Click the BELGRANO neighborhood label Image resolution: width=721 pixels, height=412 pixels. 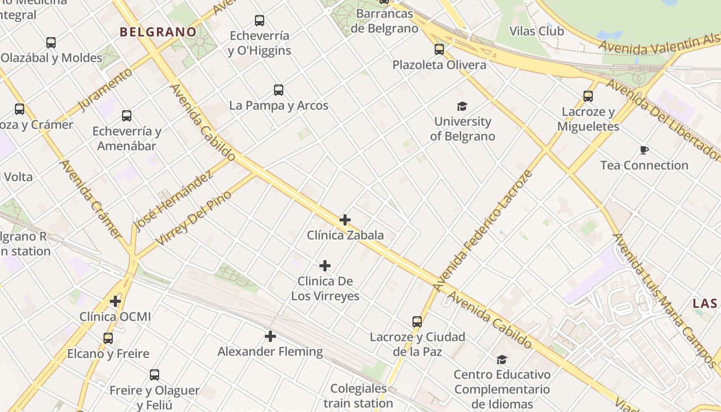point(158,32)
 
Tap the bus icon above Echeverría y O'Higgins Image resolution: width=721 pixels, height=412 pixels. point(260,21)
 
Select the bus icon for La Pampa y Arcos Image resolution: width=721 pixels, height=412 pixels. point(279,90)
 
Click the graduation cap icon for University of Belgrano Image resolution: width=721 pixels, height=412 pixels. point(462,107)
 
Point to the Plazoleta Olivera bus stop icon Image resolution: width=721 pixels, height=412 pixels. point(439,49)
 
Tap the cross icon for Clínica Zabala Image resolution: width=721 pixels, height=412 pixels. point(345,220)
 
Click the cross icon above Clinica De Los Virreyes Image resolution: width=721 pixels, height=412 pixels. point(325,266)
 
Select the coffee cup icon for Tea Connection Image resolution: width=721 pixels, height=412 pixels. point(644,150)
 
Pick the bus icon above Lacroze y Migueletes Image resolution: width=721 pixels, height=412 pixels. point(588,96)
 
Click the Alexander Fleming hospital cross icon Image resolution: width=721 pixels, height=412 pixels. point(270,336)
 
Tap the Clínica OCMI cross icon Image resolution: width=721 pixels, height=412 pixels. point(115,301)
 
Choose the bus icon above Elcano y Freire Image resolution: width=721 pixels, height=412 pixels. point(108,338)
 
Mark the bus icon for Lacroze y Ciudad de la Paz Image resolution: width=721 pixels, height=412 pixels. point(417,322)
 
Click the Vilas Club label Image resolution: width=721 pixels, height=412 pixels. point(536,31)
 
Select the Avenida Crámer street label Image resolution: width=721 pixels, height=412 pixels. point(90,198)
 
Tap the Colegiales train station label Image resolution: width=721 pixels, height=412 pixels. point(358,396)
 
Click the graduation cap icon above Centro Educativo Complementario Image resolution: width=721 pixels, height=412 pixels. point(502,359)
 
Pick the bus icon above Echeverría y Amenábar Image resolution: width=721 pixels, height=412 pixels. point(127,116)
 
